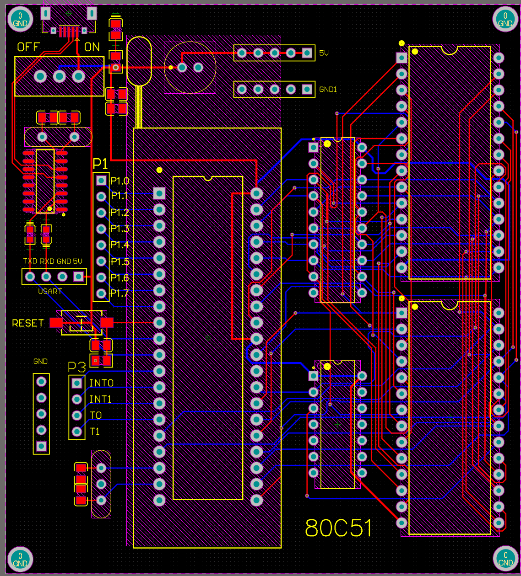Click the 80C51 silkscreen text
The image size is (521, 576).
338,528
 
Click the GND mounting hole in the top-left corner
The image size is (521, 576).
20,20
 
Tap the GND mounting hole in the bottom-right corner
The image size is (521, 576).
505,559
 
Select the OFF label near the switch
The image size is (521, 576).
28,47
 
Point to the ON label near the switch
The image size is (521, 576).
92,47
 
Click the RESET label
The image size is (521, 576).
28,323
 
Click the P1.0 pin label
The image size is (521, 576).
120,181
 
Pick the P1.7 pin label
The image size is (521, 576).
119,293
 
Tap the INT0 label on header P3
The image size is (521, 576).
101,383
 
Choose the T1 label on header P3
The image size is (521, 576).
95,431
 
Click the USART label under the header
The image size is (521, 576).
50,291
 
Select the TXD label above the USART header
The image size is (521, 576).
30,261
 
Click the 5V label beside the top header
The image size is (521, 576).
324,53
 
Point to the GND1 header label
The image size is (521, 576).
328,90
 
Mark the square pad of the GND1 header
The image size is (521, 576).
307,89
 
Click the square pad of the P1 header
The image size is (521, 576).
101,180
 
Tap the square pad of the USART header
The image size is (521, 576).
78,277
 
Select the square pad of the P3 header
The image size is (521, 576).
77,383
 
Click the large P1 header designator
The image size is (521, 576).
100,164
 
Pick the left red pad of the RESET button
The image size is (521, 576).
56,323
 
